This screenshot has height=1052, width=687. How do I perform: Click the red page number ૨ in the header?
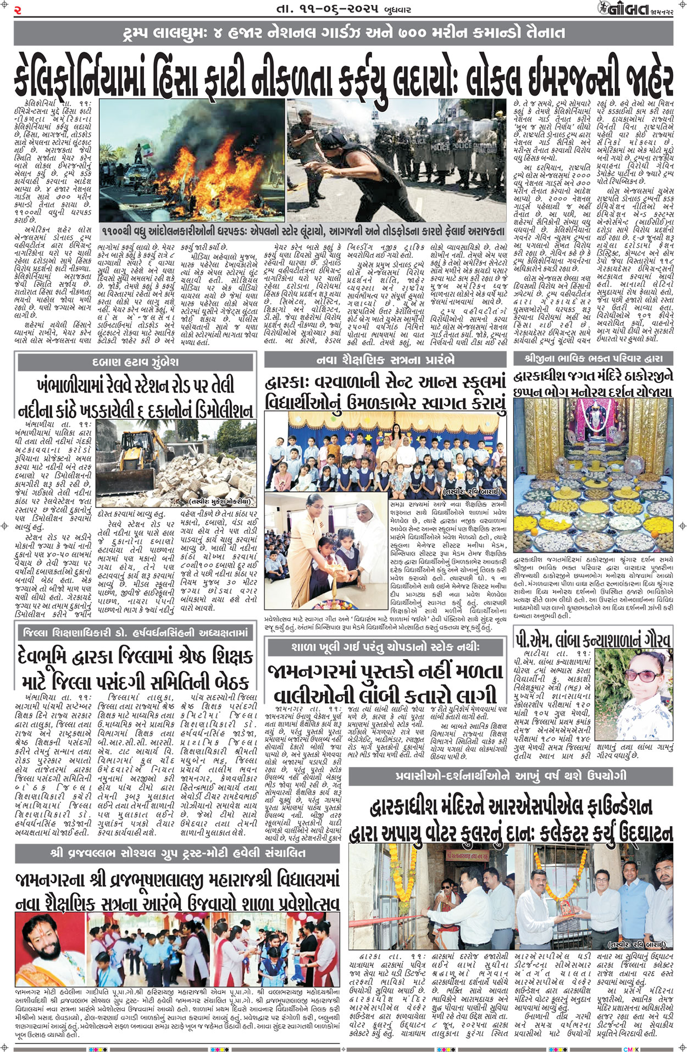[18, 9]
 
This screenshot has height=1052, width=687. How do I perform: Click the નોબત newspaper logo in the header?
[623, 9]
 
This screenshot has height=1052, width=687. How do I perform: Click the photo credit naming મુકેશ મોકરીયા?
[220, 501]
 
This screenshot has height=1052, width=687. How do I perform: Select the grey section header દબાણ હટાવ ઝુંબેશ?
[136, 362]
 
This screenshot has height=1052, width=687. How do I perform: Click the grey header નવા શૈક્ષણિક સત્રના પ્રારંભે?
[385, 361]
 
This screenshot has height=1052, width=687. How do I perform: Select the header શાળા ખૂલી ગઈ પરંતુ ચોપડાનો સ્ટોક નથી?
[385, 647]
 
